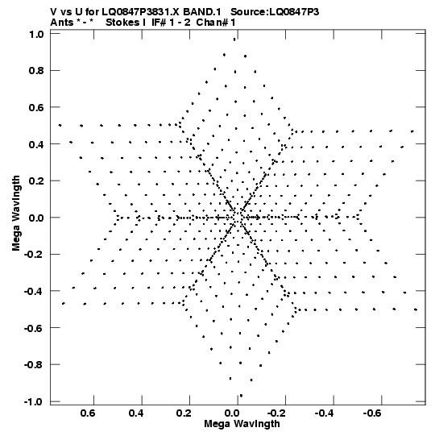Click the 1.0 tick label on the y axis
tap(36, 34)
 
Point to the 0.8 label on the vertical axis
tap(36, 71)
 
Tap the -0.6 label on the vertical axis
tap(34, 328)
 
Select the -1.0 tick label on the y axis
tap(34, 402)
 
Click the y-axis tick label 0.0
tap(36, 218)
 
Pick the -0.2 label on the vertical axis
tap(34, 255)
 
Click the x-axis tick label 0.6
tap(88, 413)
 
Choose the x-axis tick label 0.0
tap(232, 413)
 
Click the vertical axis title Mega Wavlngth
tap(16, 214)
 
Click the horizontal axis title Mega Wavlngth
tap(242, 424)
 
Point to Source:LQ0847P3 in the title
tap(275, 12)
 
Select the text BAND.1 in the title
tap(202, 12)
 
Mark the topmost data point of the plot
tap(234, 39)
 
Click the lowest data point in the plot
tap(241, 396)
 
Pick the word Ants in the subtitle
tap(61, 23)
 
